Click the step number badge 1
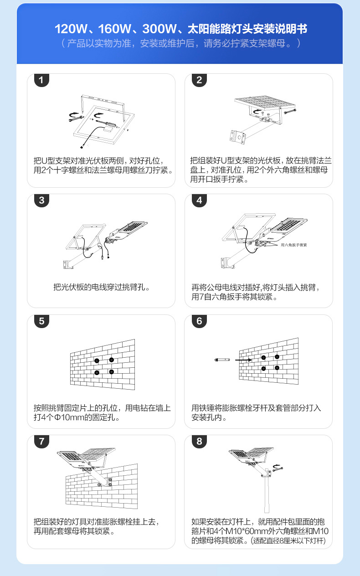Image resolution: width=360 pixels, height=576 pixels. [x=41, y=80]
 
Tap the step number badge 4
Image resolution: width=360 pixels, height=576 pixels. [x=199, y=201]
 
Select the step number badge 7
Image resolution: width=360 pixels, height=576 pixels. [x=41, y=442]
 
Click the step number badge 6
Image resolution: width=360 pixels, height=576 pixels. [x=199, y=321]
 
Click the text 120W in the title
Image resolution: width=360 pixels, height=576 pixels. [x=71, y=30]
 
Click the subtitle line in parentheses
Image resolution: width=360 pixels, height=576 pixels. [x=180, y=44]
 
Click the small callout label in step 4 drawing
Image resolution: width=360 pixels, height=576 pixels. [x=294, y=245]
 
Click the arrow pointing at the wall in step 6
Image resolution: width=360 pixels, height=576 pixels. [x=243, y=360]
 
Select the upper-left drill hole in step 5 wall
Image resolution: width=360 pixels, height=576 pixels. [x=97, y=360]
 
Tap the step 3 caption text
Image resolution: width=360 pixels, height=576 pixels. [x=101, y=288]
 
